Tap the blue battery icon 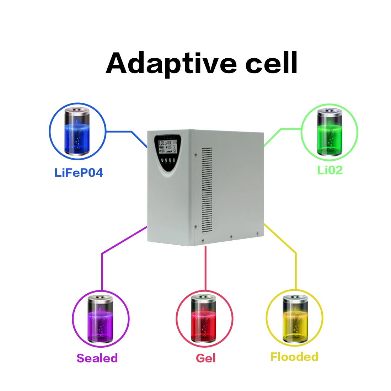point(77,133)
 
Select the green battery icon point(330,132)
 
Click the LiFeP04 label point(79,173)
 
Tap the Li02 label point(330,170)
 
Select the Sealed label point(97,358)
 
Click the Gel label point(205,358)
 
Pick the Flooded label point(294,357)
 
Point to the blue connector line point(124,132)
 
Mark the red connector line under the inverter point(205,267)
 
